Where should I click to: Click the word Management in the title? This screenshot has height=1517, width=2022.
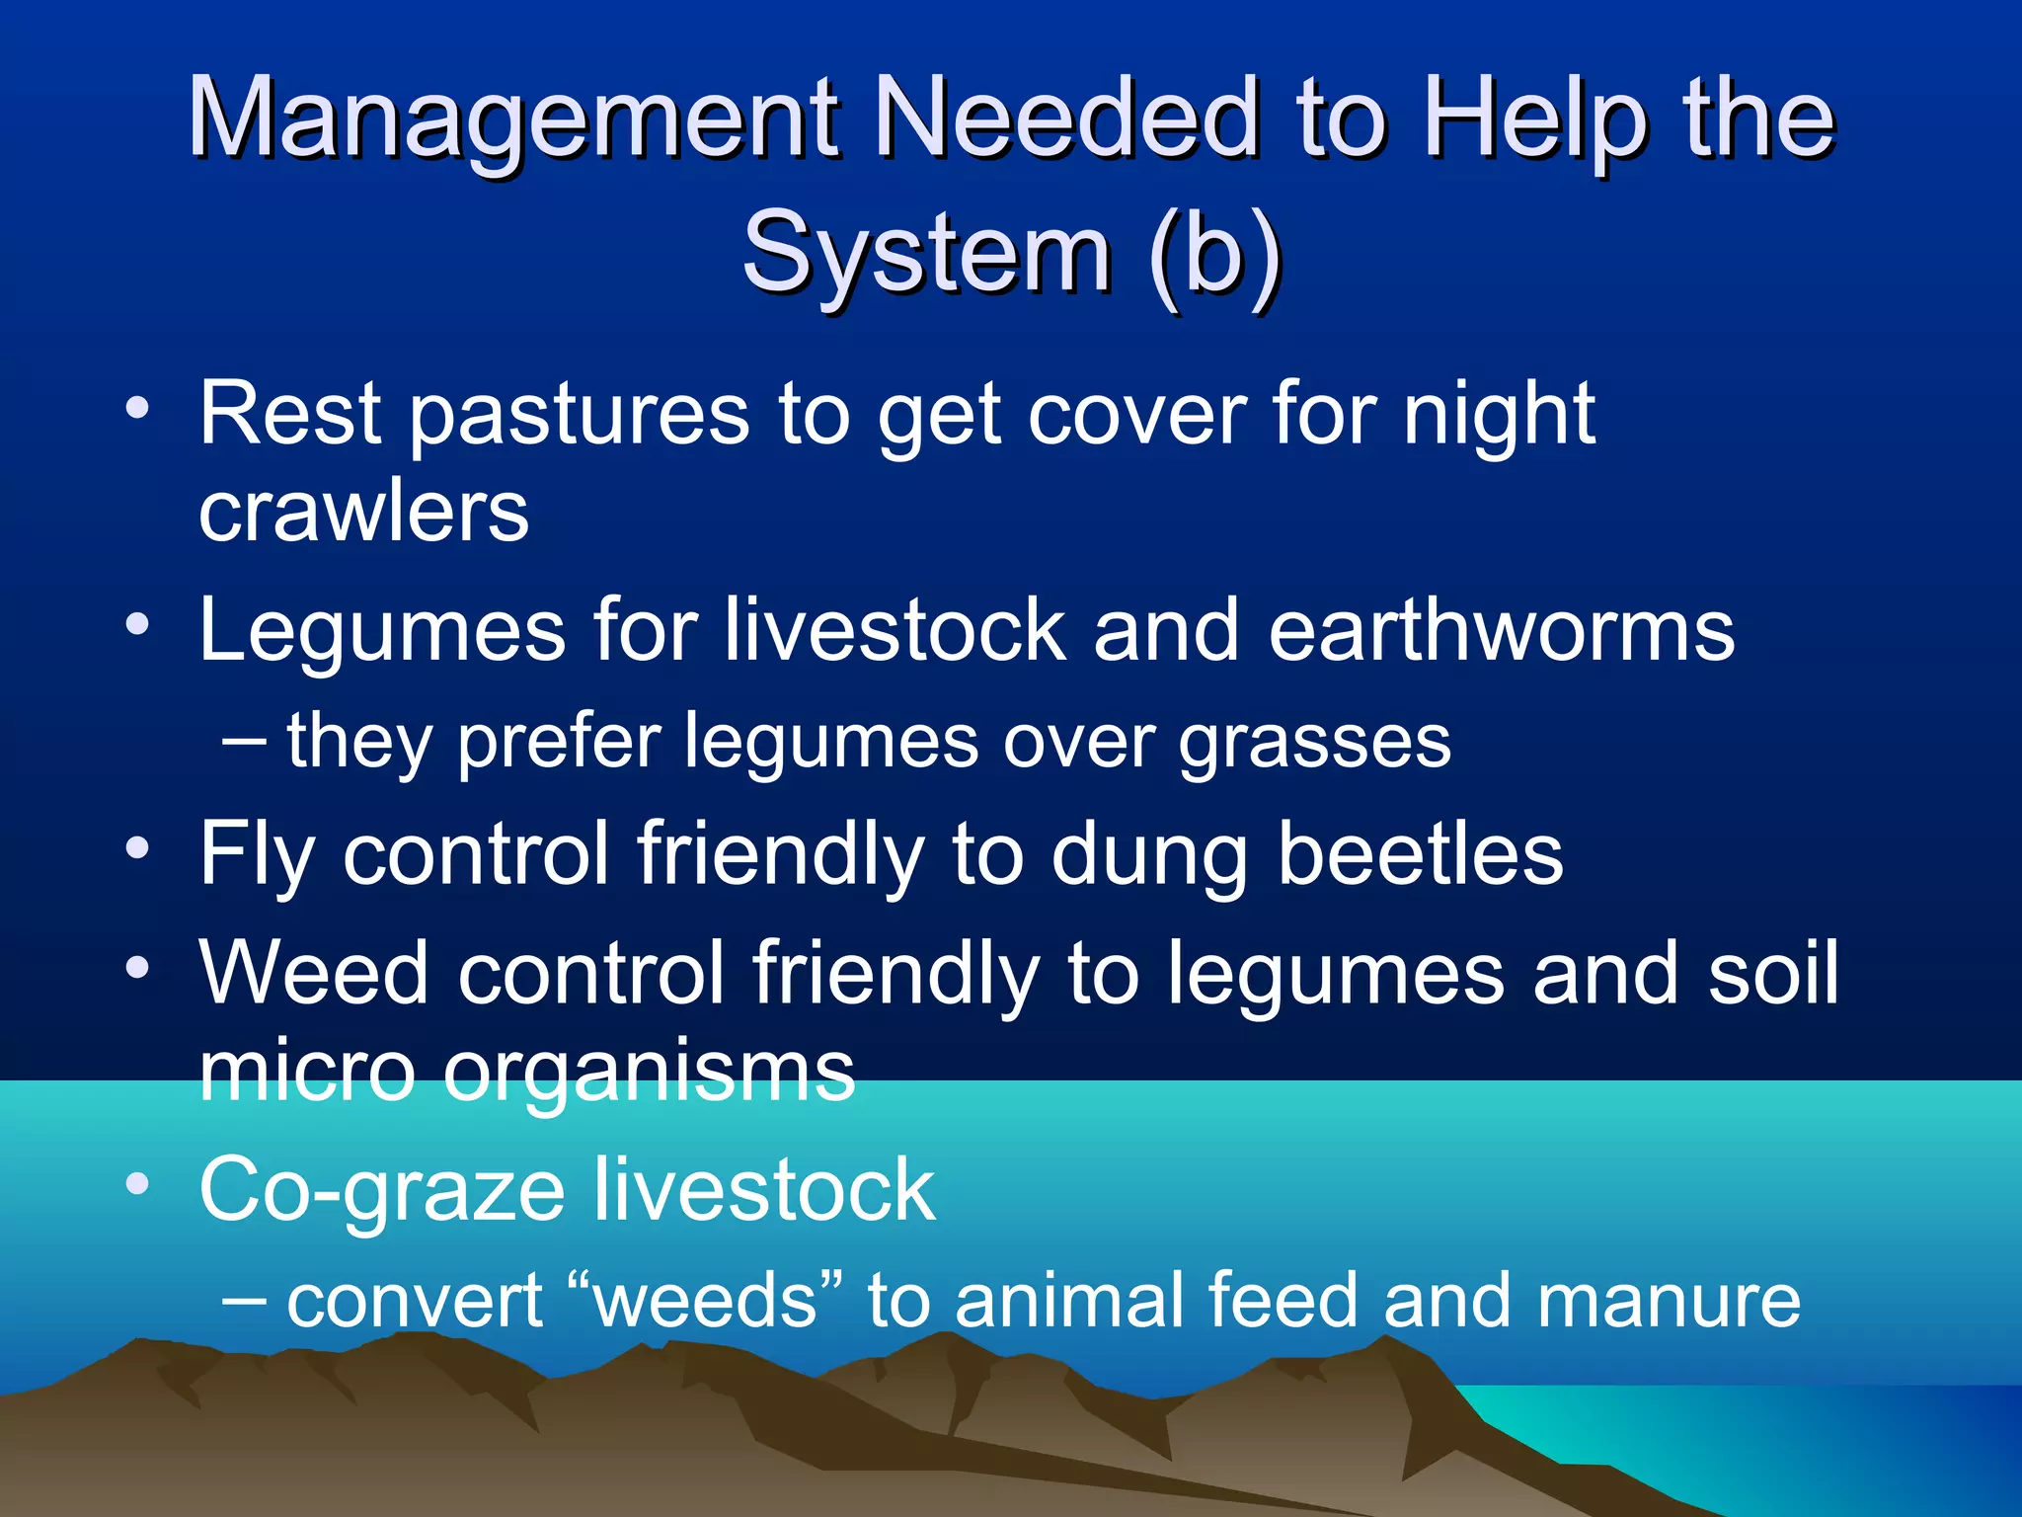(513, 120)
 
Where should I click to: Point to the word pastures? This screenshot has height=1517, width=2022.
(579, 415)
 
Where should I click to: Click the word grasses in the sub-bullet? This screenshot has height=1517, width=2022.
(1315, 743)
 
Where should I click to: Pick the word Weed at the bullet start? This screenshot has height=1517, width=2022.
(313, 973)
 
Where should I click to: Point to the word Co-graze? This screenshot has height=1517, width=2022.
(381, 1191)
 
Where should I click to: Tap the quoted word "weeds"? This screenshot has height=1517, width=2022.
(707, 1300)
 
